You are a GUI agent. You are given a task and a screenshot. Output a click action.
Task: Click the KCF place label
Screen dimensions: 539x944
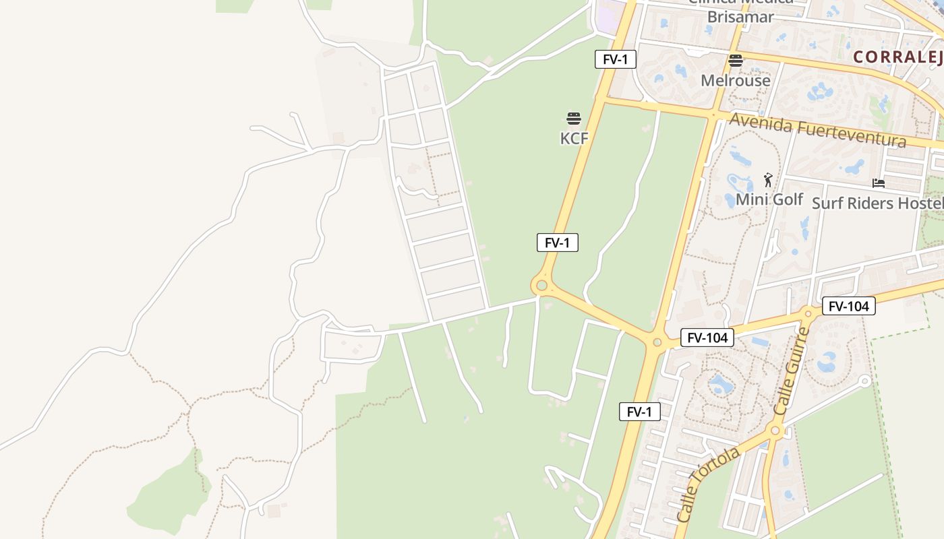click(574, 139)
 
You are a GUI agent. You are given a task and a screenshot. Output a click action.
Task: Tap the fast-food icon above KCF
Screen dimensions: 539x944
click(574, 119)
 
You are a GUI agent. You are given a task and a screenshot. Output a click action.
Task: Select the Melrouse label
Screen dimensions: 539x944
click(735, 81)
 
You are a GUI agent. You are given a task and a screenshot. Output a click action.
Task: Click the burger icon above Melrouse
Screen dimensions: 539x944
click(735, 61)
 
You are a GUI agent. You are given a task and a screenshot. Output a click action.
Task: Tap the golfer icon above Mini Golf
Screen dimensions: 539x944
click(768, 180)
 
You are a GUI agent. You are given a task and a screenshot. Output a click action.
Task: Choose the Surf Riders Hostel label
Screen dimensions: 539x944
click(877, 203)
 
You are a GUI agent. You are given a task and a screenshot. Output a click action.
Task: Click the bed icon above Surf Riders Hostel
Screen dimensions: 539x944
click(878, 183)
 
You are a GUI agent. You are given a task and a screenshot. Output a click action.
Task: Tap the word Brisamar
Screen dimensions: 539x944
click(740, 17)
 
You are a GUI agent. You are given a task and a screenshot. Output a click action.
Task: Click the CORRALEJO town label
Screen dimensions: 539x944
click(897, 57)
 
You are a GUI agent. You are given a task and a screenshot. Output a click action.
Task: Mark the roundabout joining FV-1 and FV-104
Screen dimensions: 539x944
click(657, 343)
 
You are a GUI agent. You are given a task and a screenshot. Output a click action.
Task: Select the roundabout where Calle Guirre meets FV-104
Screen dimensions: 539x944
click(808, 313)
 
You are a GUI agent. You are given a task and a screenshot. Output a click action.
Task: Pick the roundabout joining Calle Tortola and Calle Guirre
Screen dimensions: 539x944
click(775, 430)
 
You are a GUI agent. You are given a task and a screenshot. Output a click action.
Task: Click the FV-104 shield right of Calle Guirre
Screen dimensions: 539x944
click(848, 307)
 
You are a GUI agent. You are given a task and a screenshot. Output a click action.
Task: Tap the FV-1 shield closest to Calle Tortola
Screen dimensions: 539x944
click(639, 412)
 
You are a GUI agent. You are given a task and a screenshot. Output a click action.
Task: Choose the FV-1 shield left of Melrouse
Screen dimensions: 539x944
click(615, 59)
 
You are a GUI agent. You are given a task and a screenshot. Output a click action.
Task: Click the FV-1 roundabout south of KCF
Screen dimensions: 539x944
click(541, 286)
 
